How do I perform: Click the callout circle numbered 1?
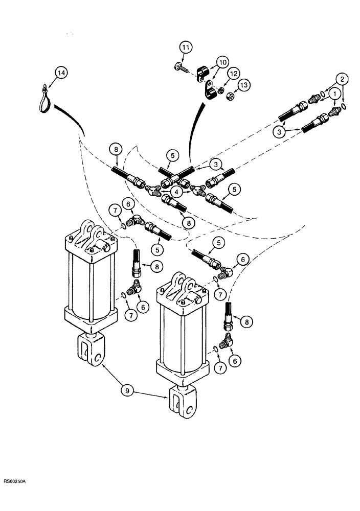pos(334,94)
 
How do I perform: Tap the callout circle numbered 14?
pos(61,74)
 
